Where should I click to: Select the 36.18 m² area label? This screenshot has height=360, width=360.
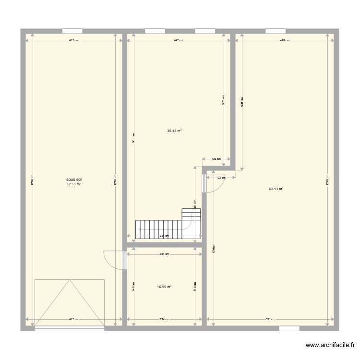click(x=174, y=131)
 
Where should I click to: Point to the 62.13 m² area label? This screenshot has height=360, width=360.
click(x=276, y=189)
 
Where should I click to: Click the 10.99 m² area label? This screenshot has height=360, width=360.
click(x=164, y=287)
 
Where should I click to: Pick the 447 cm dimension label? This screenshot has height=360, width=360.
click(x=179, y=41)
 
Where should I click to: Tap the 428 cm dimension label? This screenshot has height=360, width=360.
click(x=285, y=41)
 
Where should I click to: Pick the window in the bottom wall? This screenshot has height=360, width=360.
click(x=289, y=328)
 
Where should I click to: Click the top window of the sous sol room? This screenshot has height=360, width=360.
click(x=73, y=31)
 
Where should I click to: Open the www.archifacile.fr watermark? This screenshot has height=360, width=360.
click(x=331, y=345)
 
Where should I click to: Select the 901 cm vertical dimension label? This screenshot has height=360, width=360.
click(x=133, y=138)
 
